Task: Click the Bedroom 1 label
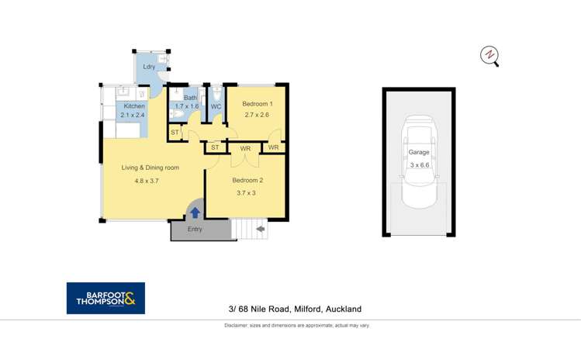pos(257,104)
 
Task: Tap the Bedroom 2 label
pos(247,181)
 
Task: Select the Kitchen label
pos(134,105)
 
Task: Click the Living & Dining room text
pos(150,168)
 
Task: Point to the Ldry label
pos(149,67)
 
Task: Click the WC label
pos(216,106)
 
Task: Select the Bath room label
pos(190,98)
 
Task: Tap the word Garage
pos(419,153)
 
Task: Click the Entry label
pos(195,230)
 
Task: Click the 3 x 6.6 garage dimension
pos(419,165)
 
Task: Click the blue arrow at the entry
pos(195,213)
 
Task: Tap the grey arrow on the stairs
pos(260,229)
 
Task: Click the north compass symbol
pos(489,55)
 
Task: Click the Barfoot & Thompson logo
pos(105,298)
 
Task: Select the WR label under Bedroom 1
pos(273,147)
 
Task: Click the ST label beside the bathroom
pos(175,133)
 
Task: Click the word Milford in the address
pos(308,309)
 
